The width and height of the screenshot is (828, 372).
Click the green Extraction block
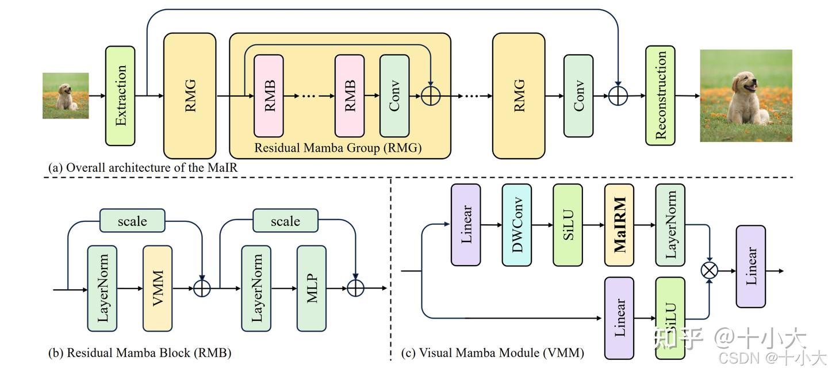coord(120,95)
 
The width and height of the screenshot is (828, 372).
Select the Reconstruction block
coord(660,95)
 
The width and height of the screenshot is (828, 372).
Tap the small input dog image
coord(66,95)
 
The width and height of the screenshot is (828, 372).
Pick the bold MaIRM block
coord(619,225)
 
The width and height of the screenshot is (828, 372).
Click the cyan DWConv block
coord(516,225)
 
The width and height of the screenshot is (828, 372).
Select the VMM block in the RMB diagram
coord(158,288)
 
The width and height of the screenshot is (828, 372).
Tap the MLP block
coord(312,288)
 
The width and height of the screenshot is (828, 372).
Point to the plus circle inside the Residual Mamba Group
coord(431,95)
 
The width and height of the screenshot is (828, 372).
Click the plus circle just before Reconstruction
coord(618,95)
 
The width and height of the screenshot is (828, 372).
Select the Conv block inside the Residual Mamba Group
coord(394,95)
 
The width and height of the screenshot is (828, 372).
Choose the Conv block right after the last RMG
coord(578,95)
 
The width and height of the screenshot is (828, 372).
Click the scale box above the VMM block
coord(132,221)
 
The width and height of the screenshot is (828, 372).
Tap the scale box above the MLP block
coord(285,221)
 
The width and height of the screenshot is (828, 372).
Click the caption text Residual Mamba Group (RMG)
coord(338,148)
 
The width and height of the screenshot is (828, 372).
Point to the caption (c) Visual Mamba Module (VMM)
coord(492,352)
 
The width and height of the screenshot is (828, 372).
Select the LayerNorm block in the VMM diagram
coord(670,225)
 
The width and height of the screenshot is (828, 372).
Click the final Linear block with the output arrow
coord(751,266)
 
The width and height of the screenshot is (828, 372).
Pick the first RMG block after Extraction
coord(190,95)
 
